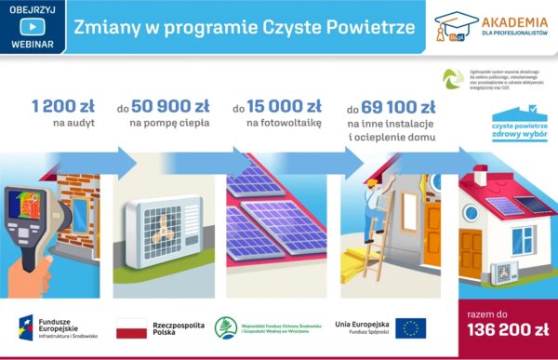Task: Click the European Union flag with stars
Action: (x=410, y=327)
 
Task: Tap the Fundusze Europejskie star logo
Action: (x=28, y=327)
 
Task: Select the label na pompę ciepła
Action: (x=169, y=123)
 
